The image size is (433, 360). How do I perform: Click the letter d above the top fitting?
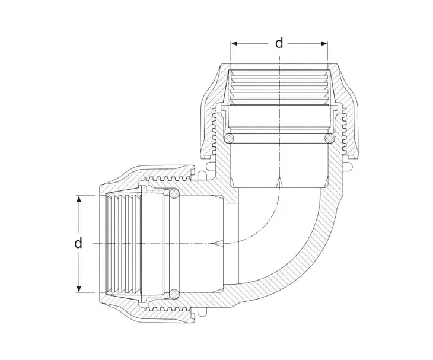coord(279,43)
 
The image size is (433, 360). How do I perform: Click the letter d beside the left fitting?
coord(78,243)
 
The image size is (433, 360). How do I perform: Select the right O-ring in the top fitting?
coord(327,138)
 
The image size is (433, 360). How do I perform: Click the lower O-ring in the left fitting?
coord(174,294)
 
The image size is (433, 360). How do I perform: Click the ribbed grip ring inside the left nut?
coord(122,243)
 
